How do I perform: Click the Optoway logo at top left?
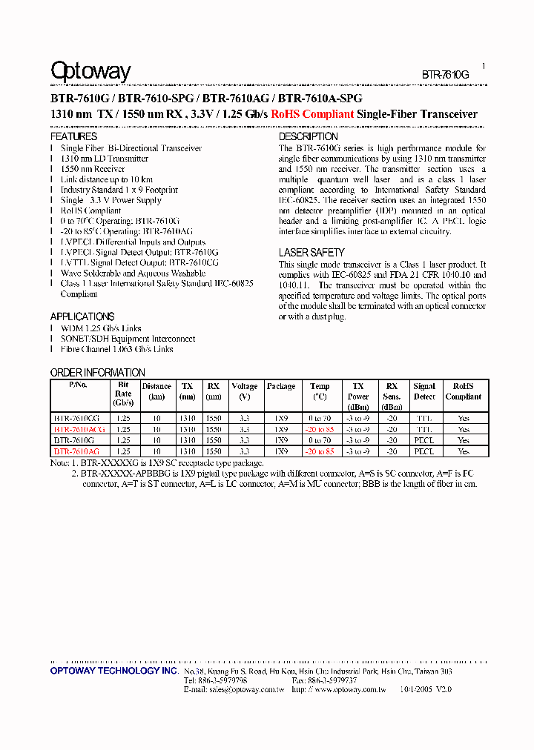pyautogui.click(x=90, y=71)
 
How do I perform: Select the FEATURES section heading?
pyautogui.click(x=73, y=137)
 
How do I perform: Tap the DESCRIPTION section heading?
pyautogui.click(x=308, y=137)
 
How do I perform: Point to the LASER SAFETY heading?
pyautogui.click(x=311, y=253)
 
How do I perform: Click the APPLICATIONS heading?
pyautogui.click(x=82, y=316)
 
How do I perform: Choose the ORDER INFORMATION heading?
pyautogui.click(x=97, y=373)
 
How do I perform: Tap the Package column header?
pyautogui.click(x=281, y=386)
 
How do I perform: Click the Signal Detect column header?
pyautogui.click(x=424, y=391)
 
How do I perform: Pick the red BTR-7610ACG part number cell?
pyautogui.click(x=79, y=429)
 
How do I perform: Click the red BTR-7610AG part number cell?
pyautogui.click(x=76, y=451)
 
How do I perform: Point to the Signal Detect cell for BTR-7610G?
pyautogui.click(x=424, y=440)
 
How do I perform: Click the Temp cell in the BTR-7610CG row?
pyautogui.click(x=320, y=419)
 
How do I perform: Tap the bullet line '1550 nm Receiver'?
pyautogui.click(x=93, y=169)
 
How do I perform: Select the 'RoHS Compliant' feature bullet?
pyautogui.click(x=90, y=210)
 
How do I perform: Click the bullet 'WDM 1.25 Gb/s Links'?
pyautogui.click(x=101, y=328)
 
